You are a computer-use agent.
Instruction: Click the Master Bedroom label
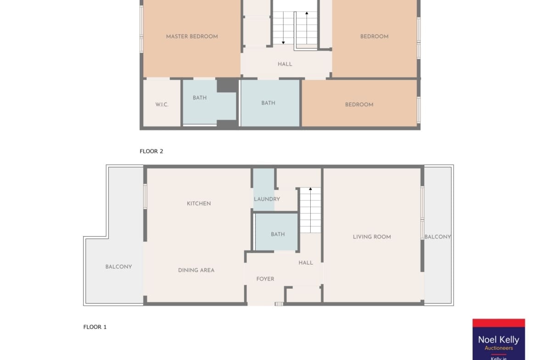click(x=192, y=37)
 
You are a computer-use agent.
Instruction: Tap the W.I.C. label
click(x=162, y=105)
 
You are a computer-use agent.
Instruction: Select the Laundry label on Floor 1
click(x=267, y=199)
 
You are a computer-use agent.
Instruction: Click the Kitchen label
click(x=199, y=204)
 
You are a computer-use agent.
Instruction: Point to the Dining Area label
click(x=196, y=270)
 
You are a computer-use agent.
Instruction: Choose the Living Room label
click(x=372, y=237)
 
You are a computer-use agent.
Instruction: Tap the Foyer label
click(x=265, y=279)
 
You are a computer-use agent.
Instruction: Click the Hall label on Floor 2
click(x=285, y=64)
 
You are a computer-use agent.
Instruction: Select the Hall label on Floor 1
click(x=306, y=263)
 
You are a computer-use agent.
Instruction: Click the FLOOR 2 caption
click(x=151, y=151)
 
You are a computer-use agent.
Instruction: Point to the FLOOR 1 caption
click(x=95, y=327)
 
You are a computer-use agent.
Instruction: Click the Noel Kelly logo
click(x=498, y=339)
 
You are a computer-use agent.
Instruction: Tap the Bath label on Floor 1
click(x=278, y=234)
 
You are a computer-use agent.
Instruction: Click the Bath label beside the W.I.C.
click(x=200, y=98)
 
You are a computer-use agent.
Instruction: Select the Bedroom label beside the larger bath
click(x=359, y=105)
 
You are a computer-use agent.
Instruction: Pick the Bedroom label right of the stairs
click(x=375, y=37)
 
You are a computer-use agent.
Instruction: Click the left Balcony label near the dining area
click(x=118, y=267)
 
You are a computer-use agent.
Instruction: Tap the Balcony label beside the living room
click(x=438, y=237)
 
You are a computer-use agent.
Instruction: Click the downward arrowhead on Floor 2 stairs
click(x=283, y=43)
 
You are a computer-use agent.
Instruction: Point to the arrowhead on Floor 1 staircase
click(x=310, y=189)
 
